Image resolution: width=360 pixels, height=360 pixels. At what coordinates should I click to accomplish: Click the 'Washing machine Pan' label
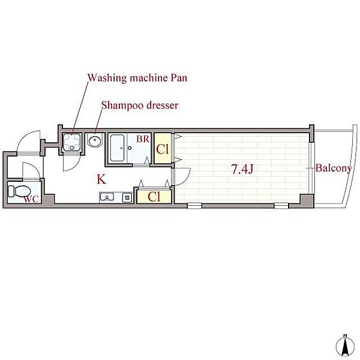click(x=137, y=78)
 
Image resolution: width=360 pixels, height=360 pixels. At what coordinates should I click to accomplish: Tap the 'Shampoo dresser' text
click(x=140, y=106)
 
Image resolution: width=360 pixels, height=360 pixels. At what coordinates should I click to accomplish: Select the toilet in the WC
click(x=19, y=191)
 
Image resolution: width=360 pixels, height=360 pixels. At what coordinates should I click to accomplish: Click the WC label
click(x=31, y=199)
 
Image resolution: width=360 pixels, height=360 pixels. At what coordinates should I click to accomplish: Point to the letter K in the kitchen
click(x=101, y=179)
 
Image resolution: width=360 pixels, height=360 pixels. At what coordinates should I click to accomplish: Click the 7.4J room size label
click(x=242, y=169)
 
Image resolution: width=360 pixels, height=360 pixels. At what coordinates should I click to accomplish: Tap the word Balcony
click(x=334, y=168)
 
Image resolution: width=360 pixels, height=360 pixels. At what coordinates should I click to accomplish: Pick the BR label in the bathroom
click(x=143, y=139)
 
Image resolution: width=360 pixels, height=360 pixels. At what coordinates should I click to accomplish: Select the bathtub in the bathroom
click(x=118, y=148)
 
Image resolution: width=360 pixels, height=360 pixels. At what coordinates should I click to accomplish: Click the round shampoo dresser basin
click(x=95, y=140)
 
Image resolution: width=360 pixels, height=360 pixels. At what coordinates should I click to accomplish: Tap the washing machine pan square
click(x=72, y=142)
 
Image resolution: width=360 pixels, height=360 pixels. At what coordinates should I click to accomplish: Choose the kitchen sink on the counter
click(x=107, y=197)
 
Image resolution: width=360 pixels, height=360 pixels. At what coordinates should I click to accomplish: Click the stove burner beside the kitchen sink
click(x=127, y=197)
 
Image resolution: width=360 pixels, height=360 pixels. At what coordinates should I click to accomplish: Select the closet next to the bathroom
click(x=163, y=148)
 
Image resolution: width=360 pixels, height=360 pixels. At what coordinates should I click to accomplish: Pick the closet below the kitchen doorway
click(x=154, y=197)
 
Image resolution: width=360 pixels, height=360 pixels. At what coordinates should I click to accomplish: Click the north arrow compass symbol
click(x=345, y=347)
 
